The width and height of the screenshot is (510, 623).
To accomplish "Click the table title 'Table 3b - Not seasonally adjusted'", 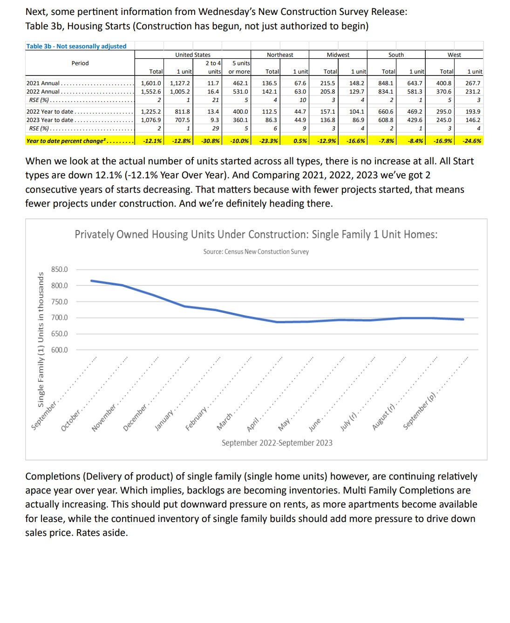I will coord(76,46).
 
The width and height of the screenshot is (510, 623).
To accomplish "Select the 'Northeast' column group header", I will coord(280,54).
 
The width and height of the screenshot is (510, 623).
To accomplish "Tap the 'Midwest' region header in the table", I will coord(338,54).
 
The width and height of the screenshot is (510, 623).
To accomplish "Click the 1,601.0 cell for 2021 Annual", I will coord(151,83).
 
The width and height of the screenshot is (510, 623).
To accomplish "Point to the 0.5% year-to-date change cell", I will coord(300,141).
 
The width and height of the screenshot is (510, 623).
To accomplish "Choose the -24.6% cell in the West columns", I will coord(472,141).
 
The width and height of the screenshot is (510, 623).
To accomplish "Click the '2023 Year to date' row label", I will coord(50,120).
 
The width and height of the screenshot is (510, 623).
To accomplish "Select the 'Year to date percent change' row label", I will coord(65,141).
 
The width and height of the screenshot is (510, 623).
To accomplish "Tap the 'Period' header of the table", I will coord(80,63).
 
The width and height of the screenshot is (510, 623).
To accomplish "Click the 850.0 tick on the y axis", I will coord(59,270).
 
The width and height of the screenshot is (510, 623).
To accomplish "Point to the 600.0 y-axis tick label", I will coord(59,350).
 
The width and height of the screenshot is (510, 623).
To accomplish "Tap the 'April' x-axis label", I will coord(253,424).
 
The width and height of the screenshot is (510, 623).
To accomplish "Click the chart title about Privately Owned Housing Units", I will coord(256,234).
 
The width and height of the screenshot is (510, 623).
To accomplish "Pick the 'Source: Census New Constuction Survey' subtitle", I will coord(256,251).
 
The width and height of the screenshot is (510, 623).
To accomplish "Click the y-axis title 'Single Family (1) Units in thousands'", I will coord(41,340).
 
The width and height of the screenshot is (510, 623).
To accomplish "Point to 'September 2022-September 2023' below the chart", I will coord(277,443).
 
